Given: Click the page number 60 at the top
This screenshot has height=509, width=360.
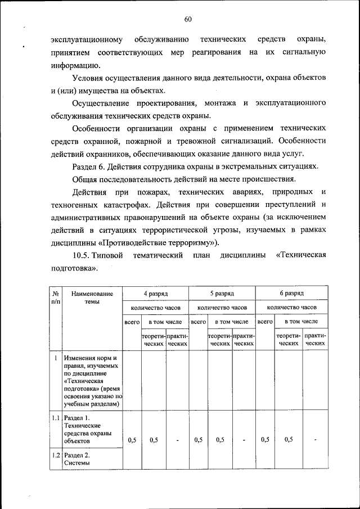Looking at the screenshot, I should point(188,20).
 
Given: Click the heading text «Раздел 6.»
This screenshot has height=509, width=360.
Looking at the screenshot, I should point(92,166).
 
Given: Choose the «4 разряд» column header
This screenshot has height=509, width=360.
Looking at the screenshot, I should point(155,293).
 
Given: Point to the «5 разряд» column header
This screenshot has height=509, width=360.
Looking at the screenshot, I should point(222,293).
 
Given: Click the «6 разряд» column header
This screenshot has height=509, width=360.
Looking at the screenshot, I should point(291,293).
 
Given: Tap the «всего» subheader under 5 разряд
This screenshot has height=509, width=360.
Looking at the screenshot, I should point(198,322).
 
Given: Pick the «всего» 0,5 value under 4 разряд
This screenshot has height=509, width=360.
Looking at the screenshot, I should point(132,440).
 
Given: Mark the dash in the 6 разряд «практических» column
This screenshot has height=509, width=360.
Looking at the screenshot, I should point(316,440).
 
